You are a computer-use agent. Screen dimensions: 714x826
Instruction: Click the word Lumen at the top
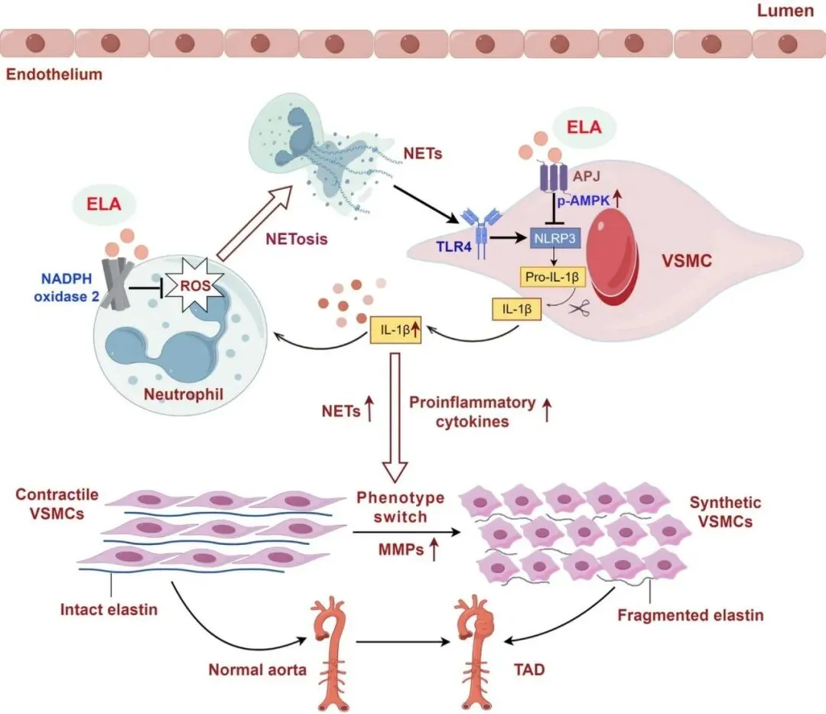coord(785,11)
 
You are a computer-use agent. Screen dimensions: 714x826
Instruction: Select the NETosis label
coord(297,239)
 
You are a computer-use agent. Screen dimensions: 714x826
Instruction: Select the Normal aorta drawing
coord(328,654)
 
